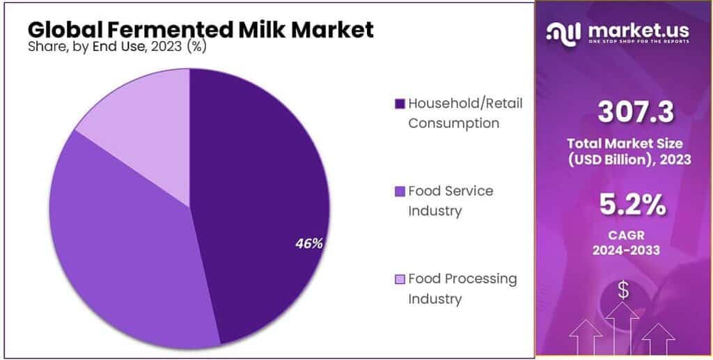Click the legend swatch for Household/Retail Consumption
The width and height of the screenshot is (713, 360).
click(400, 104)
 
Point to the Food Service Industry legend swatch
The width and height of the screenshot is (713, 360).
click(400, 191)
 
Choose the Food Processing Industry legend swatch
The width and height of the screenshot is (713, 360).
click(400, 280)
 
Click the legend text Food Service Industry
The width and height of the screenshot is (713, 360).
click(451, 201)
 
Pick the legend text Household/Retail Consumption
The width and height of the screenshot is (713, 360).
click(465, 113)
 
